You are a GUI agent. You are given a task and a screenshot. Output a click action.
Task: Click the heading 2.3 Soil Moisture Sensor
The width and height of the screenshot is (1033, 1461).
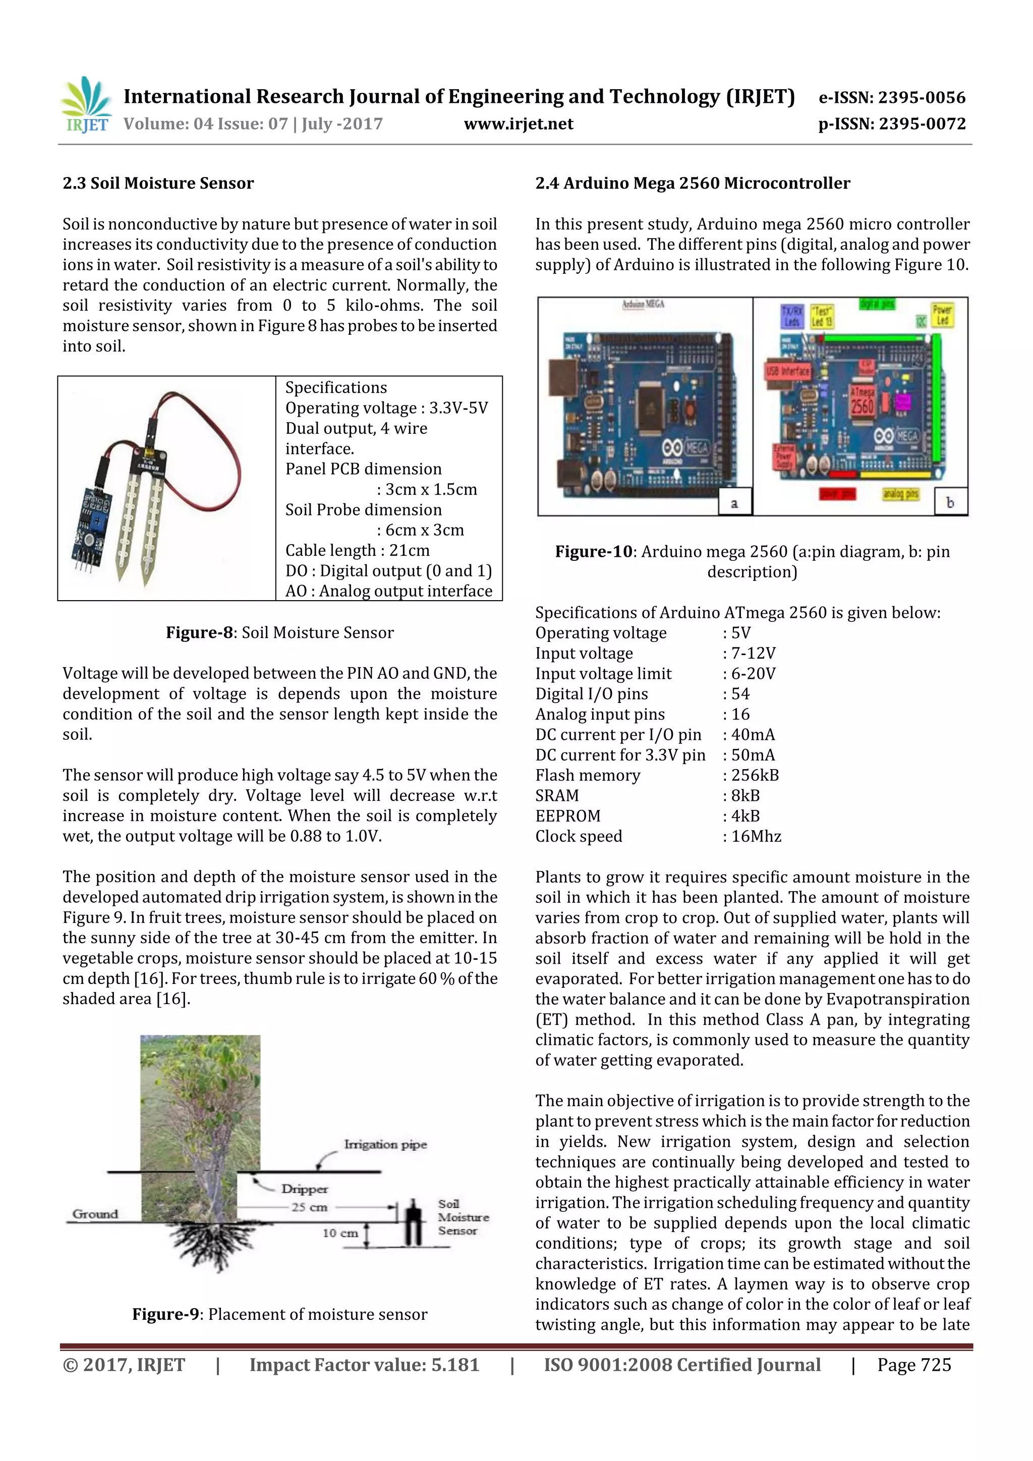tap(158, 183)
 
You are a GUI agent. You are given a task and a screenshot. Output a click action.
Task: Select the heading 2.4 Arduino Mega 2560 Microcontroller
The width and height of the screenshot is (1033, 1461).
tap(693, 183)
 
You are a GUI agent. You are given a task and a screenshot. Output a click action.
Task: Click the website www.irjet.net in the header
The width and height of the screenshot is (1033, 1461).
tap(518, 124)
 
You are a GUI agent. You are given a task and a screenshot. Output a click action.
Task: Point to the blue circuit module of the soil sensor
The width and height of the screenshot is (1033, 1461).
tap(93, 525)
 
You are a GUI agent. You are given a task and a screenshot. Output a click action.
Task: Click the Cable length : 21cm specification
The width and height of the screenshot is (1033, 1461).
tap(357, 550)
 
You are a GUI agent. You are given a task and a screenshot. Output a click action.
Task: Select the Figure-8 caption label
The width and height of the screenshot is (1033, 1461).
tap(200, 632)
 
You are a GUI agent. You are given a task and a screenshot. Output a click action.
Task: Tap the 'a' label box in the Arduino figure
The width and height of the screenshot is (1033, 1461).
tap(734, 503)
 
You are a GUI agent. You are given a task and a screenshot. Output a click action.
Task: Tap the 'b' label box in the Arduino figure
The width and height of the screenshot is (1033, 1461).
tap(950, 503)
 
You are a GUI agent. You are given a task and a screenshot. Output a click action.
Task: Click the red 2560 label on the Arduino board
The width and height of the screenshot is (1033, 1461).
tap(862, 404)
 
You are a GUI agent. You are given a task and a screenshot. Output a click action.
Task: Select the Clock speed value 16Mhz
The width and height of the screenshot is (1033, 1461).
tap(756, 836)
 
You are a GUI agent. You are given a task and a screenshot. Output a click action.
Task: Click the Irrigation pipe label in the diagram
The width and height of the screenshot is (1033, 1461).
tap(385, 1145)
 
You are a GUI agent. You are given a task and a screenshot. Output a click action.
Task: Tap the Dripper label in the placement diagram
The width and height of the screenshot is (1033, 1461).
tap(304, 1189)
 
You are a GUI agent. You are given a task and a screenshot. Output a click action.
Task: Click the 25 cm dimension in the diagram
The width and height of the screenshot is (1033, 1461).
tap(309, 1207)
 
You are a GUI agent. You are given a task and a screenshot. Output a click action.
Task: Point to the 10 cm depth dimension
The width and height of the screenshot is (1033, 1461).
tap(340, 1233)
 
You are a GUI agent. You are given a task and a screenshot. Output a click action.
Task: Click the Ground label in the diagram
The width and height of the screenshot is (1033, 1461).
tap(95, 1214)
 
